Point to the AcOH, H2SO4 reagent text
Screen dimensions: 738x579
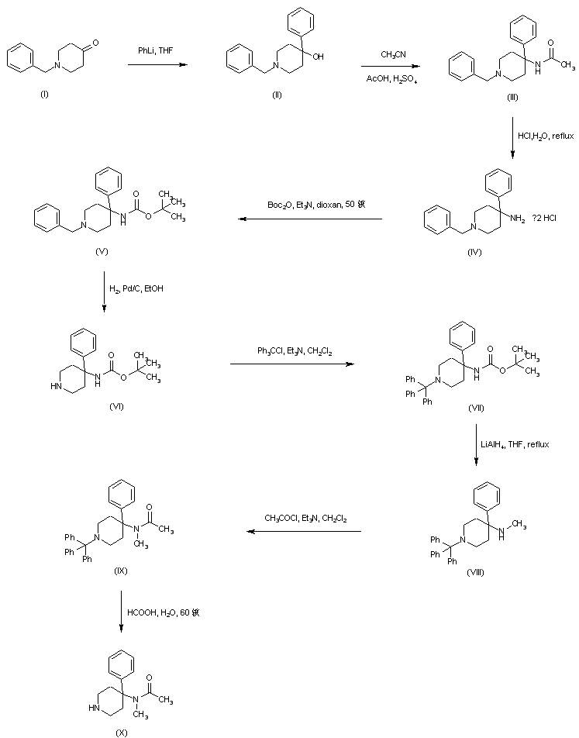coord(395,77)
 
